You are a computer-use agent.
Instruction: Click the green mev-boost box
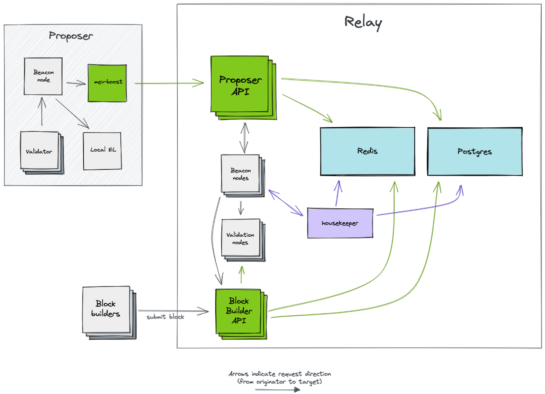point(107,83)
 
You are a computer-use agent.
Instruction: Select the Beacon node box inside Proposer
point(43,76)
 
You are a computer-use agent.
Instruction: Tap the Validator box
point(42,153)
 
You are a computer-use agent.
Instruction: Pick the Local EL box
point(102,151)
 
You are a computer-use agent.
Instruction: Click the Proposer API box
point(243,88)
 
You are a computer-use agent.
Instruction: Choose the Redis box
point(367,151)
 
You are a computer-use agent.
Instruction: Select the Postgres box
point(475,151)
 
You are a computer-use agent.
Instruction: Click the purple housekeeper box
point(340,223)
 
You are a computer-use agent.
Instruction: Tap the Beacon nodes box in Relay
point(243,176)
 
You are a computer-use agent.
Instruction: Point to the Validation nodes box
point(243,240)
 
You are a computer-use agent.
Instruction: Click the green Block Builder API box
point(241,314)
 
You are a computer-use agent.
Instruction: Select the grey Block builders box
point(109,313)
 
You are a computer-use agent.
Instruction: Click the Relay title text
point(363,23)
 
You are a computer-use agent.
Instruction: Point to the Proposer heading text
point(71,36)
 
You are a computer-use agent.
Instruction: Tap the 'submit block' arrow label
point(165,317)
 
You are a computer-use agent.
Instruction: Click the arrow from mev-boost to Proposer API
point(169,83)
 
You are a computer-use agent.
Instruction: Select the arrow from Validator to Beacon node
point(42,111)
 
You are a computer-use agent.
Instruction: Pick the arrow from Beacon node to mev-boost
point(76,83)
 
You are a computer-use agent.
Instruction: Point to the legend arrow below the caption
point(277,390)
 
